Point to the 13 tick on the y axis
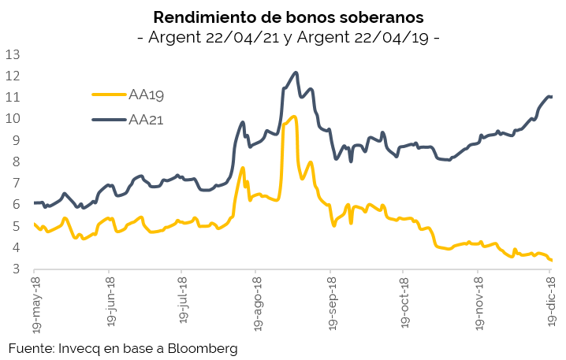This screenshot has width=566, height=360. click(13, 54)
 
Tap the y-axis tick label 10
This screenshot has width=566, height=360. click(13, 119)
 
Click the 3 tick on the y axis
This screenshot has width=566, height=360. click(16, 269)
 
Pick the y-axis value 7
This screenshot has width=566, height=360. click(16, 184)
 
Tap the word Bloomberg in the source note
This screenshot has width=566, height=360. click(199, 347)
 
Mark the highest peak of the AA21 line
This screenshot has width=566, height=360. click(296, 72)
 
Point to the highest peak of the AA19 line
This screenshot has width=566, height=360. click(293, 117)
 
